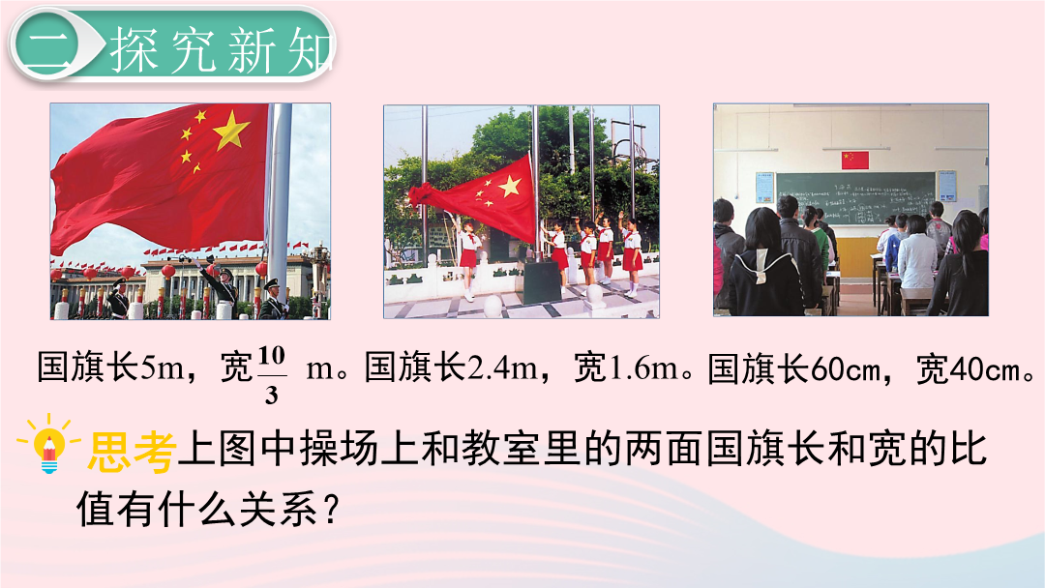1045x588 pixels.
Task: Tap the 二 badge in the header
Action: [46, 46]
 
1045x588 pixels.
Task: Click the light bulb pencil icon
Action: [48, 444]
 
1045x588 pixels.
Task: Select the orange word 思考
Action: [132, 452]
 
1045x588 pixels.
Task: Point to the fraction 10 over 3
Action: [271, 375]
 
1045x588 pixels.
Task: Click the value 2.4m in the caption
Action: [502, 367]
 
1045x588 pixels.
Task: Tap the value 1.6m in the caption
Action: [643, 367]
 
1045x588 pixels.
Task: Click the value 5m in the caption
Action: [162, 367]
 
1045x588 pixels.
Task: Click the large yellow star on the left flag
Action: [231, 130]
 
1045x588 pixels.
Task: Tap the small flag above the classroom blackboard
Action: [855, 160]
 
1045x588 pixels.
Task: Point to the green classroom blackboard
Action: [855, 198]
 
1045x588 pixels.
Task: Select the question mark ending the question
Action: [331, 510]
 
